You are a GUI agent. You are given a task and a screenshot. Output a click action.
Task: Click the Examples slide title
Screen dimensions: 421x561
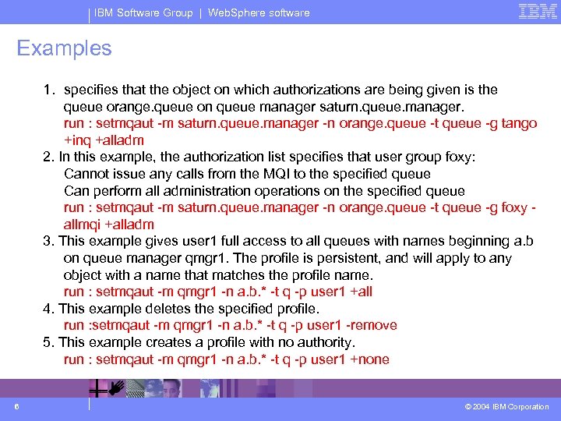[65, 48]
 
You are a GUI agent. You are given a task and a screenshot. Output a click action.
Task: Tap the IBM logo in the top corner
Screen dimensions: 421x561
[538, 12]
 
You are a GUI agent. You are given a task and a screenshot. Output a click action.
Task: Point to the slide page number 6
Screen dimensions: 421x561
[16, 406]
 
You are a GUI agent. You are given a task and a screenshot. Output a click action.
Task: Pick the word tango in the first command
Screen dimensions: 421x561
[518, 124]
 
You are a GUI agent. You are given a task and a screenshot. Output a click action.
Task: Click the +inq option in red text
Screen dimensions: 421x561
[76, 141]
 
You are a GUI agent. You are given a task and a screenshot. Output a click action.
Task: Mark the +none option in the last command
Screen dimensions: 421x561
[370, 359]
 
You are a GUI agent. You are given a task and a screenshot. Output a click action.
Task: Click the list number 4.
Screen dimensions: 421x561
[48, 309]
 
